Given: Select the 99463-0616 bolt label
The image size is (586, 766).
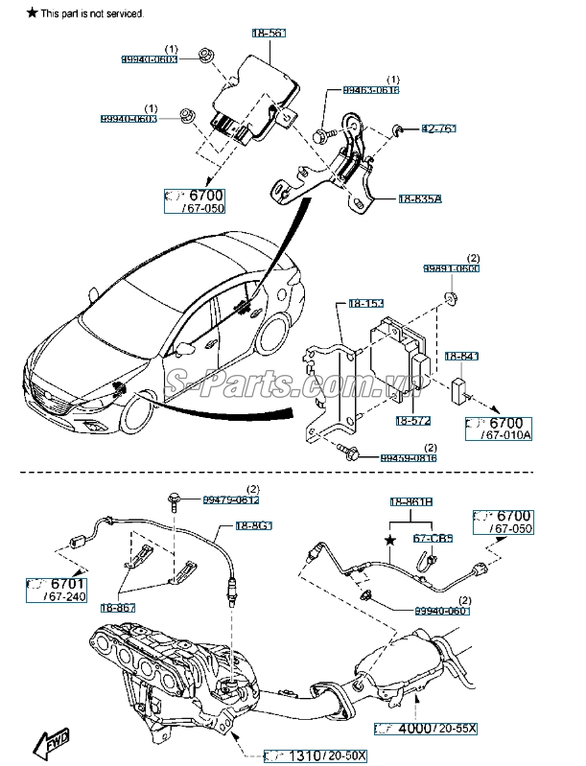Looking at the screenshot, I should tap(371, 90).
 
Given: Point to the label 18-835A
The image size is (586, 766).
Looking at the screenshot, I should tap(420, 200).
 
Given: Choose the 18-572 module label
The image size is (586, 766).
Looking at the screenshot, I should tap(414, 419).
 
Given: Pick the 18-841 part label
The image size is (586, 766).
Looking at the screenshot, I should tap(461, 357).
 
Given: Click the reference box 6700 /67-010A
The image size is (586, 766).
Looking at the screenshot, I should tap(498, 428).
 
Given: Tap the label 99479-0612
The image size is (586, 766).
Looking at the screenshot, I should tap(230, 499).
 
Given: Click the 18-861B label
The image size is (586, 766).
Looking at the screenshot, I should tap(410, 501).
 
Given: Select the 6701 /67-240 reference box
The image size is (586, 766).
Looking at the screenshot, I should tap(58, 589).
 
